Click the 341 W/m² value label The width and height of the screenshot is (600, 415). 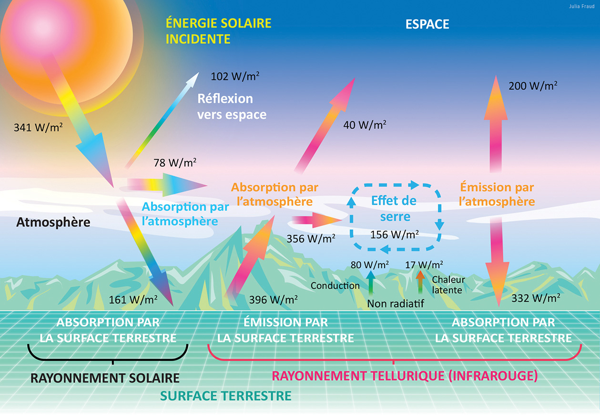tap(38, 127)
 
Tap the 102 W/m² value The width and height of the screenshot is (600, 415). tap(235, 76)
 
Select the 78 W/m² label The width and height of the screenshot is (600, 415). tap(175, 162)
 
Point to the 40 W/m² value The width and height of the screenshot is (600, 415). tap(365, 125)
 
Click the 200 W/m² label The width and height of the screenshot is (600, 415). tap(533, 86)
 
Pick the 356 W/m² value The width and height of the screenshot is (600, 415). tap(311, 239)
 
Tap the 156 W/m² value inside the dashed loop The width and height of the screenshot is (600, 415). tap(395, 234)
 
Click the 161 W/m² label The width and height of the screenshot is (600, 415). tap(133, 300)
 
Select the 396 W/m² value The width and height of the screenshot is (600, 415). tap(274, 300)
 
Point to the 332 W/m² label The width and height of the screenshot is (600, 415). tap(536, 298)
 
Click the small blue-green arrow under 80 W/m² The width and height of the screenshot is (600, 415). tap(371, 283)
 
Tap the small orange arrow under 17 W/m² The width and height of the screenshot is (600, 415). tap(420, 282)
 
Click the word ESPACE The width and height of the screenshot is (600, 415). tap(427, 24)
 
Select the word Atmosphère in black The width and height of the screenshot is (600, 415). tap(53, 222)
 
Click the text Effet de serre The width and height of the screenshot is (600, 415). tap(394, 209)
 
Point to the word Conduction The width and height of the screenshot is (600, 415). tap(335, 286)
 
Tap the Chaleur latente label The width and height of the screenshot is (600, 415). tap(448, 284)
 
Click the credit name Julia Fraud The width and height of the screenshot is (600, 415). tap(582, 6)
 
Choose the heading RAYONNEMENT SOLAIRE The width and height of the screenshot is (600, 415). tap(105, 378)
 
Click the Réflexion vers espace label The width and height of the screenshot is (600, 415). tap(232, 107)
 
